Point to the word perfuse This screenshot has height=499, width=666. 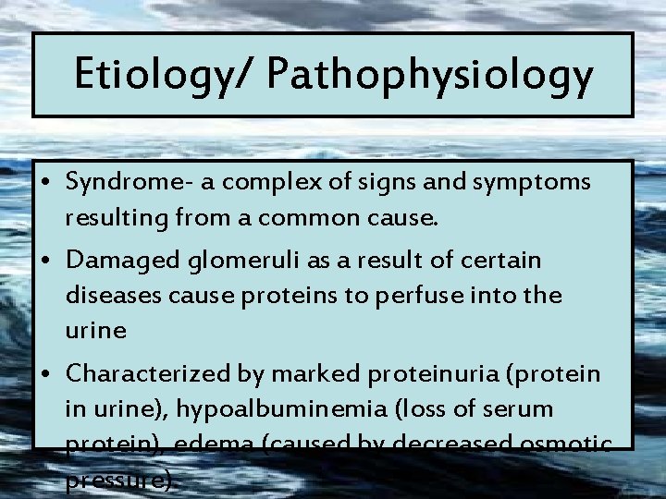pyautogui.click(x=429, y=295)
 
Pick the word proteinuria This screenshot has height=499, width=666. pyautogui.click(x=422, y=374)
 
